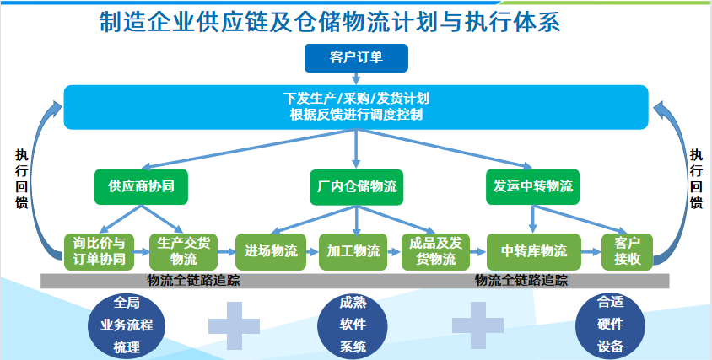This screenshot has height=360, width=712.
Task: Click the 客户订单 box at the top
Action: click(355, 57)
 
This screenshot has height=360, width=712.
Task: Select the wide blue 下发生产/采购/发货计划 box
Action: click(355, 106)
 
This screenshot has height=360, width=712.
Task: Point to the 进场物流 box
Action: click(270, 250)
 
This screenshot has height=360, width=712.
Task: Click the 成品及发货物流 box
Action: click(436, 250)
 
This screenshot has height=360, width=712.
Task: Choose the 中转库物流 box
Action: click(534, 250)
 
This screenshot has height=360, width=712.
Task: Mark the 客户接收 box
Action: click(628, 250)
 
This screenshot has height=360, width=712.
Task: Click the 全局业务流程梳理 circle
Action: click(125, 324)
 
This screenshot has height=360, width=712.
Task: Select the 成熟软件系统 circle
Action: click(353, 324)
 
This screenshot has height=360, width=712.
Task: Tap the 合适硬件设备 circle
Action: click(609, 324)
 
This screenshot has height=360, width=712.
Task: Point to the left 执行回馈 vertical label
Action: click(22, 179)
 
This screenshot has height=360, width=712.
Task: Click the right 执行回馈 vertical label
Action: click(696, 179)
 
